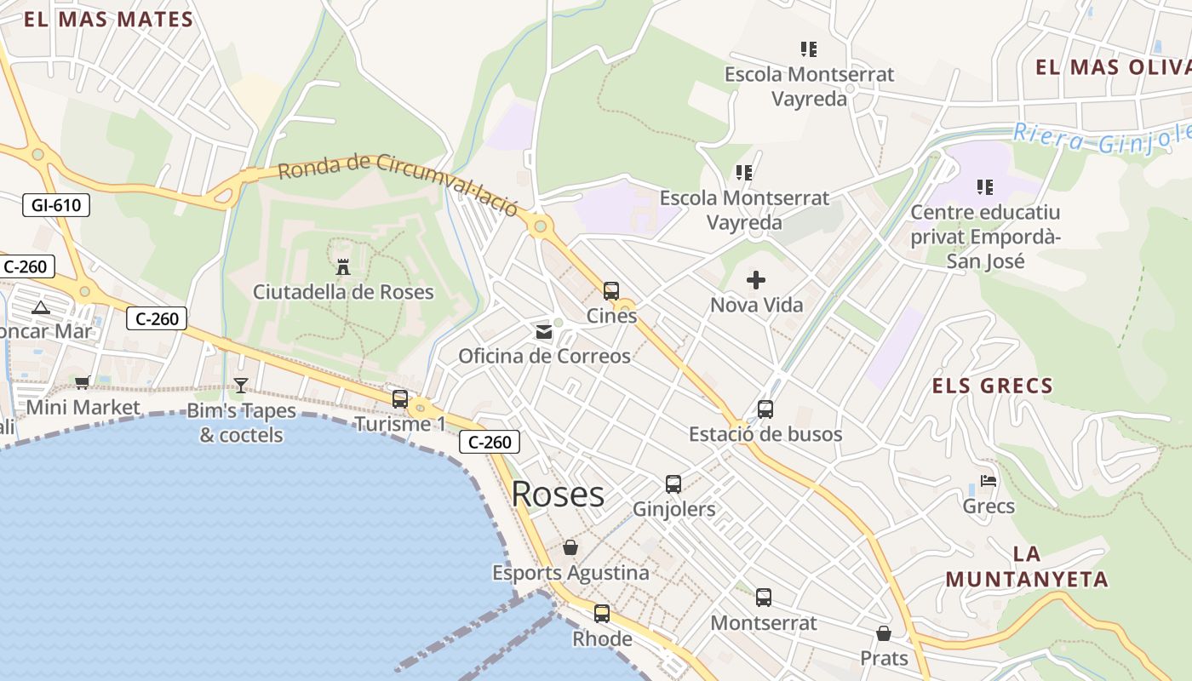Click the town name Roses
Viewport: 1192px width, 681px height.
tap(558, 495)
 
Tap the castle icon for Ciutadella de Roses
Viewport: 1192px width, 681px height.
tap(343, 267)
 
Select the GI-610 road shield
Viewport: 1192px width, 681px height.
tap(55, 204)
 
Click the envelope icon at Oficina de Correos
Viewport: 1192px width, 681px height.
tap(543, 332)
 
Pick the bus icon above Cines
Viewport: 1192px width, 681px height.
tap(610, 291)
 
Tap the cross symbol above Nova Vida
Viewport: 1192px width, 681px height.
tap(755, 280)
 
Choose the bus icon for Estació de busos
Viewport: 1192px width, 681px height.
tap(765, 409)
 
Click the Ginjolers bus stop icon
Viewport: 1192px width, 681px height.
tap(673, 484)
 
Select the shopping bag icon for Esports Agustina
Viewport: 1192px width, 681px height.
tap(570, 547)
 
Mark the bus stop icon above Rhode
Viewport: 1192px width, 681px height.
tap(602, 613)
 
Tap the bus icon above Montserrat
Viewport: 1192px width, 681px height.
tap(763, 598)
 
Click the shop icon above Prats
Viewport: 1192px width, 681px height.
tap(884, 634)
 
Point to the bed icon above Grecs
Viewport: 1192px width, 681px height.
tap(988, 481)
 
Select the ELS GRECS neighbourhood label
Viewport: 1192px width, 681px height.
tap(992, 386)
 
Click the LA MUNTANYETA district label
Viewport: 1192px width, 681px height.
tap(1026, 567)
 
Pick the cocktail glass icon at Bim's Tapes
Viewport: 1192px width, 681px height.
tap(241, 386)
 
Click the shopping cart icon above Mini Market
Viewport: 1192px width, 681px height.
tap(82, 383)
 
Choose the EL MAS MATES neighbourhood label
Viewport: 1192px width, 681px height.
tap(108, 20)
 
